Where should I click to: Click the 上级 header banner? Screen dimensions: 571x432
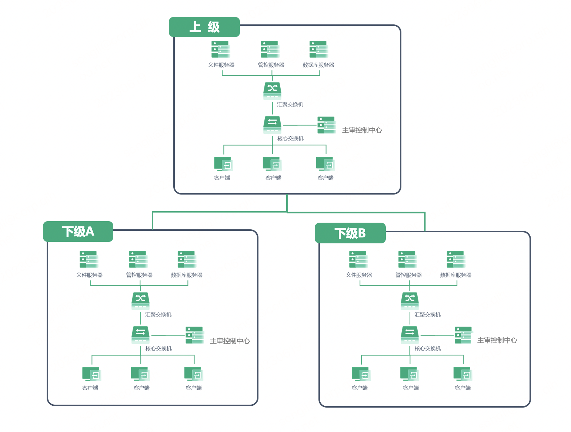click(x=204, y=27)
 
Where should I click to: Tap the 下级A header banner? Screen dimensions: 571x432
click(x=78, y=231)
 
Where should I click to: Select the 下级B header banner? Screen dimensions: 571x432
click(x=350, y=233)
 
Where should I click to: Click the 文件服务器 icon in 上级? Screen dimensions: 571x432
click(x=221, y=49)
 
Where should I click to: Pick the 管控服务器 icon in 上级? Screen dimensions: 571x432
click(x=270, y=49)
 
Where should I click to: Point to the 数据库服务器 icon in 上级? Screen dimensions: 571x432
click(x=319, y=49)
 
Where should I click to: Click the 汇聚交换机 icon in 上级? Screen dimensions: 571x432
click(x=272, y=91)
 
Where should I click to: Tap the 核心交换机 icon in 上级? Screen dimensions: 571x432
click(x=272, y=125)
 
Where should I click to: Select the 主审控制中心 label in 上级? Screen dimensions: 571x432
click(x=362, y=130)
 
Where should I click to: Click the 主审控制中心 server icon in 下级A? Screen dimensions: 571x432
click(x=194, y=335)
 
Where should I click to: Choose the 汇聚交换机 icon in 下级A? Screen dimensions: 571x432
click(x=140, y=301)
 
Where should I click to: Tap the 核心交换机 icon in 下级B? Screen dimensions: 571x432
click(x=410, y=335)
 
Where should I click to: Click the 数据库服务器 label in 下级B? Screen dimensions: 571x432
click(x=455, y=275)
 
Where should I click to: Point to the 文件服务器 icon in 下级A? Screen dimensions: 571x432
click(x=89, y=259)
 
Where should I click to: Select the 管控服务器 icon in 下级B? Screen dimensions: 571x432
click(x=408, y=259)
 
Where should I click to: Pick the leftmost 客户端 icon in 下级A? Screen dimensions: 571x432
click(x=91, y=374)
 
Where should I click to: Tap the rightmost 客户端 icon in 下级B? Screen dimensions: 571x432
click(x=463, y=374)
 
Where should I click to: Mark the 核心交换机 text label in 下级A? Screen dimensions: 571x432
click(x=158, y=348)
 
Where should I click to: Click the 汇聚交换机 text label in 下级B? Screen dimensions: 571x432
click(x=427, y=315)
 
